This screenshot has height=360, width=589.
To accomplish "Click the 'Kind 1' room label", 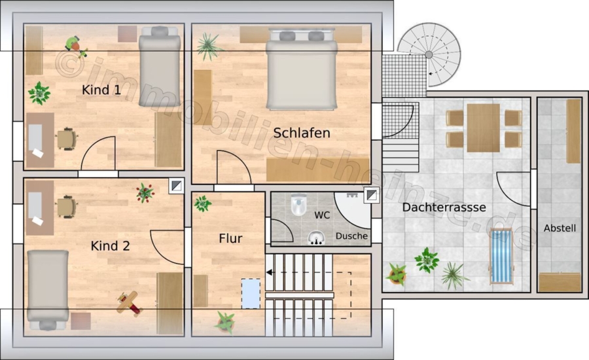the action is coord(101,90).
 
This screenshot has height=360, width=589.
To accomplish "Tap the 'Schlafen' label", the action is coord(302,133).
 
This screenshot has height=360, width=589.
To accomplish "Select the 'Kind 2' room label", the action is coord(110,245).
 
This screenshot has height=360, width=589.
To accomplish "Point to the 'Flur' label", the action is coord(230,238).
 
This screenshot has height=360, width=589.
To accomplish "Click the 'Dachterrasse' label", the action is coord(444,207).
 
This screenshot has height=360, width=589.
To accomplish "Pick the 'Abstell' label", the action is coord(560,228).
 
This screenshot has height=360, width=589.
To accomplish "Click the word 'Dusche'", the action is coord(351,236).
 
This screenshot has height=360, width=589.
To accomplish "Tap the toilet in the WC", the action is coord(298,204).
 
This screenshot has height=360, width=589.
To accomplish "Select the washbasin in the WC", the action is coord(316,238).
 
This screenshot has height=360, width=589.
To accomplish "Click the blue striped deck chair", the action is coord(501,256).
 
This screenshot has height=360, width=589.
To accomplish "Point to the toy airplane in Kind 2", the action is coord(128,302).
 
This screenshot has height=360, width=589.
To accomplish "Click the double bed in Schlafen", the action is coord(301,69).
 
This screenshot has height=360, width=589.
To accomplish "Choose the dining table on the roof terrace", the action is coord(484,128).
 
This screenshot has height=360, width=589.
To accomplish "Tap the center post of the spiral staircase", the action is coord(429,55).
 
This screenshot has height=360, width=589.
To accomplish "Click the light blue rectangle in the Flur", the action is coord(251,293).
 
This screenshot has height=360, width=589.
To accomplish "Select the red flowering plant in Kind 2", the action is coord(145,193).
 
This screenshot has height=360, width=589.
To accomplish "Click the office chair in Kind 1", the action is coord(67,139).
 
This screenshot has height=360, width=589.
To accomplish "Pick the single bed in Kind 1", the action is coord(160,66).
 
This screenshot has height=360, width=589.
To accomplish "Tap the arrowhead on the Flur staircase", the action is coord(269,272).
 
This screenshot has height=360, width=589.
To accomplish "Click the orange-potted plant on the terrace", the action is coord(397,274).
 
